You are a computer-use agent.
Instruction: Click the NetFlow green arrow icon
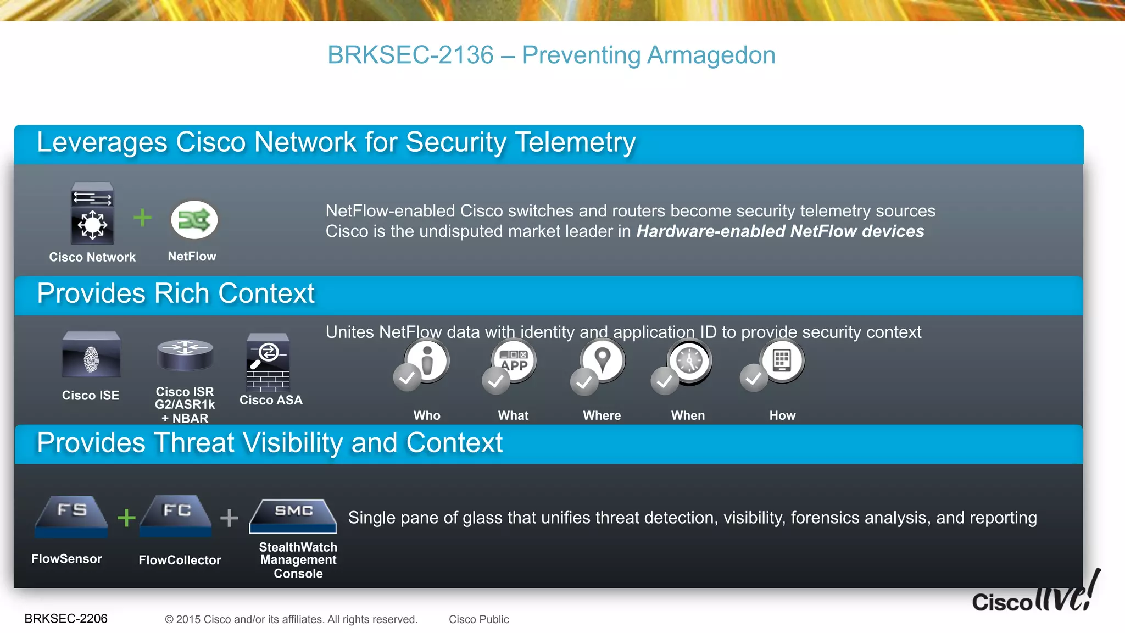coord(194,220)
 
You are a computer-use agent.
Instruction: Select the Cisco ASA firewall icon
coord(268,362)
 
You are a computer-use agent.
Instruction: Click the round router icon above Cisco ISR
coord(185,354)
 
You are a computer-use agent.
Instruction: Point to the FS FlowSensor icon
coord(71,516)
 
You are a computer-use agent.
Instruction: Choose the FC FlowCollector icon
coord(176,516)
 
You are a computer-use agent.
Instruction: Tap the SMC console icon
coord(293,516)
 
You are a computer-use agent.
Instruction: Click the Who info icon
coord(428,361)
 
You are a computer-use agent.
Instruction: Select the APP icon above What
coord(514,361)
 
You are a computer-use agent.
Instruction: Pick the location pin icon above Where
coord(603,361)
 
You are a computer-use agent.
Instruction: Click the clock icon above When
coord(689,361)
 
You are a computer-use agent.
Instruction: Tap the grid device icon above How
coord(782,361)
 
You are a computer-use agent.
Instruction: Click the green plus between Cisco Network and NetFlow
coord(143,218)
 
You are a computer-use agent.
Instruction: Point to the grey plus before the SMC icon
coord(229,518)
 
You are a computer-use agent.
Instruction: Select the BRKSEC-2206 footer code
coord(66,619)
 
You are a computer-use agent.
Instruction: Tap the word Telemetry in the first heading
coord(576,142)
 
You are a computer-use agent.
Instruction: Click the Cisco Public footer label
coord(479,619)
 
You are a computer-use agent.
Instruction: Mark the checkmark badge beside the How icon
coord(754,378)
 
